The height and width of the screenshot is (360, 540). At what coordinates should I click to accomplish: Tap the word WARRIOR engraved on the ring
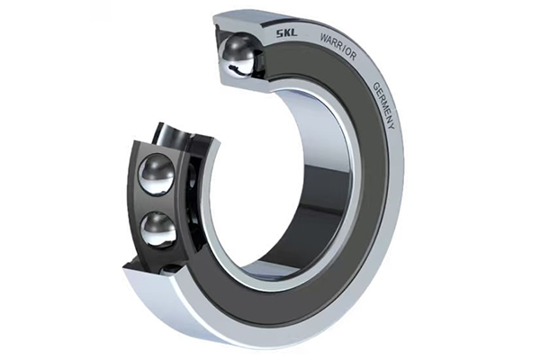338,47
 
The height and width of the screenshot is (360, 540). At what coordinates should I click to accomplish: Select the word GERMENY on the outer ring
383,105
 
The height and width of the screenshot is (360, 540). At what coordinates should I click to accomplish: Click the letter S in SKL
279,34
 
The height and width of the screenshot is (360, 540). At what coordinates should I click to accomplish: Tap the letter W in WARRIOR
324,37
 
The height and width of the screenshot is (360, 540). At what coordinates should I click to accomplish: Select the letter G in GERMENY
376,85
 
